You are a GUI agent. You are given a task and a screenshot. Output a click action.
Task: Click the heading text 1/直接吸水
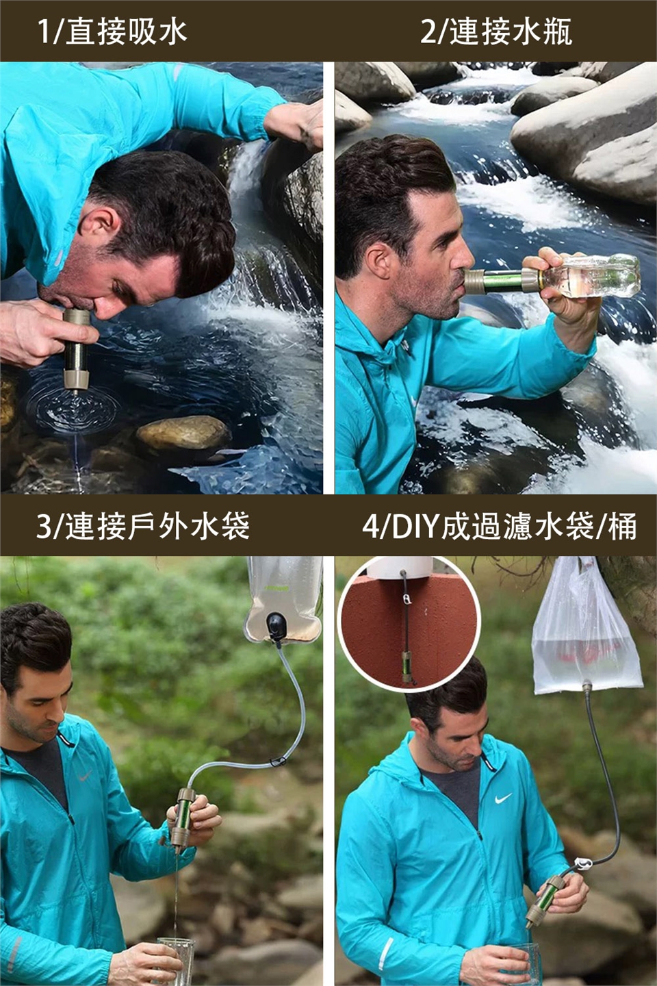113,31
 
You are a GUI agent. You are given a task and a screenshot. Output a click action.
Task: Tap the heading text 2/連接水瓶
496,31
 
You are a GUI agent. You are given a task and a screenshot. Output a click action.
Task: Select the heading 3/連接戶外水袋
143,526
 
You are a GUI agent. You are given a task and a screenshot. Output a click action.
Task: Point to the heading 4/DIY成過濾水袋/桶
500,526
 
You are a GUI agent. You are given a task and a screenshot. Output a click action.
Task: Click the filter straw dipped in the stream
77,350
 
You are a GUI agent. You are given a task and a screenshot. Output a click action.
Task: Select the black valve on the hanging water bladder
277,626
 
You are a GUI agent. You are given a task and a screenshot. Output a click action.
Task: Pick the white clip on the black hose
582,863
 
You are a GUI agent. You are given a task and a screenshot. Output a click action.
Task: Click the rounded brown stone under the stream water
184,433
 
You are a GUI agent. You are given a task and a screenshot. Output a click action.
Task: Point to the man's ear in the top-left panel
99,223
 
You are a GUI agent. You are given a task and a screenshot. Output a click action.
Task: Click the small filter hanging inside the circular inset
407,666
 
